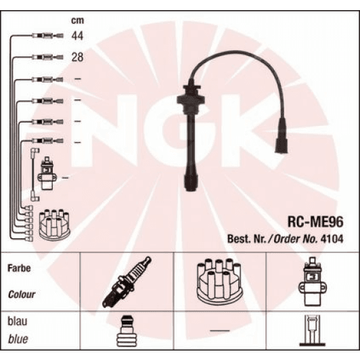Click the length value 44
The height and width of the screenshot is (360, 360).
(x=78, y=35)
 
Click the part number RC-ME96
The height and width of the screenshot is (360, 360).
(x=315, y=221)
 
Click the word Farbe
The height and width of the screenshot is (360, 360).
(x=20, y=268)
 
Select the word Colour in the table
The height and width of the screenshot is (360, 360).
(x=22, y=295)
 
